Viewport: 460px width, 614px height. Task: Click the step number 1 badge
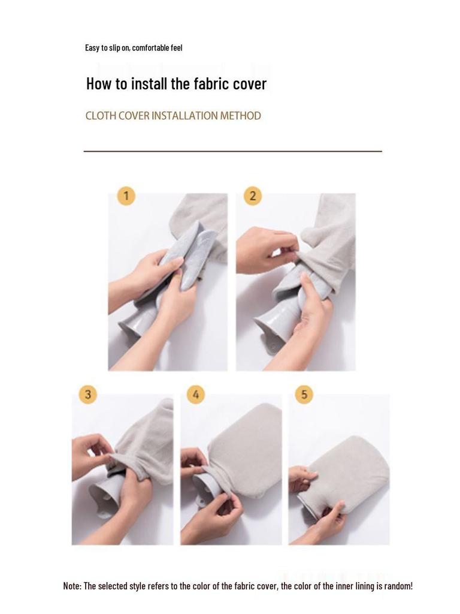[x=126, y=195]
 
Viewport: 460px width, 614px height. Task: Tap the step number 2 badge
[x=253, y=195]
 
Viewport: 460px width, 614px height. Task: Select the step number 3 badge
[x=88, y=394]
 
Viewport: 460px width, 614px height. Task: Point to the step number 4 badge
[x=196, y=394]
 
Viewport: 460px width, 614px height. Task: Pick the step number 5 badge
[x=304, y=394]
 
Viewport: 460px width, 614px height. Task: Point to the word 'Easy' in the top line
[x=90, y=48]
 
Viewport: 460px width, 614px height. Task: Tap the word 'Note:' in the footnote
[x=72, y=586]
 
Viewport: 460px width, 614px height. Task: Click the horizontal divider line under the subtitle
[x=233, y=151]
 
